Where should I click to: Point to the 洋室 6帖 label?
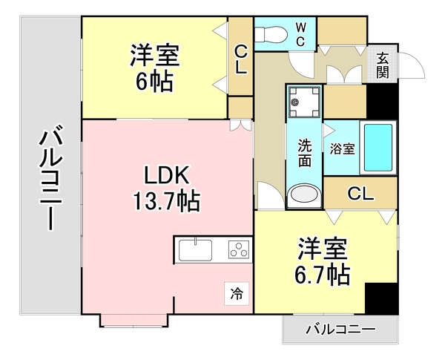[156, 67]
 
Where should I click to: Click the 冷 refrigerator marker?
[236, 294]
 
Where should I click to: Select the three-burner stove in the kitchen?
[239, 249]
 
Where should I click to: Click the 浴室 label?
[342, 147]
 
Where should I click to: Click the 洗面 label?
[304, 151]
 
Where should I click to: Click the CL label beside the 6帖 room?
[241, 59]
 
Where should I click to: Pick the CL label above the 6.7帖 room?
[360, 194]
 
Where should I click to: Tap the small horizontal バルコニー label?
[340, 327]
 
